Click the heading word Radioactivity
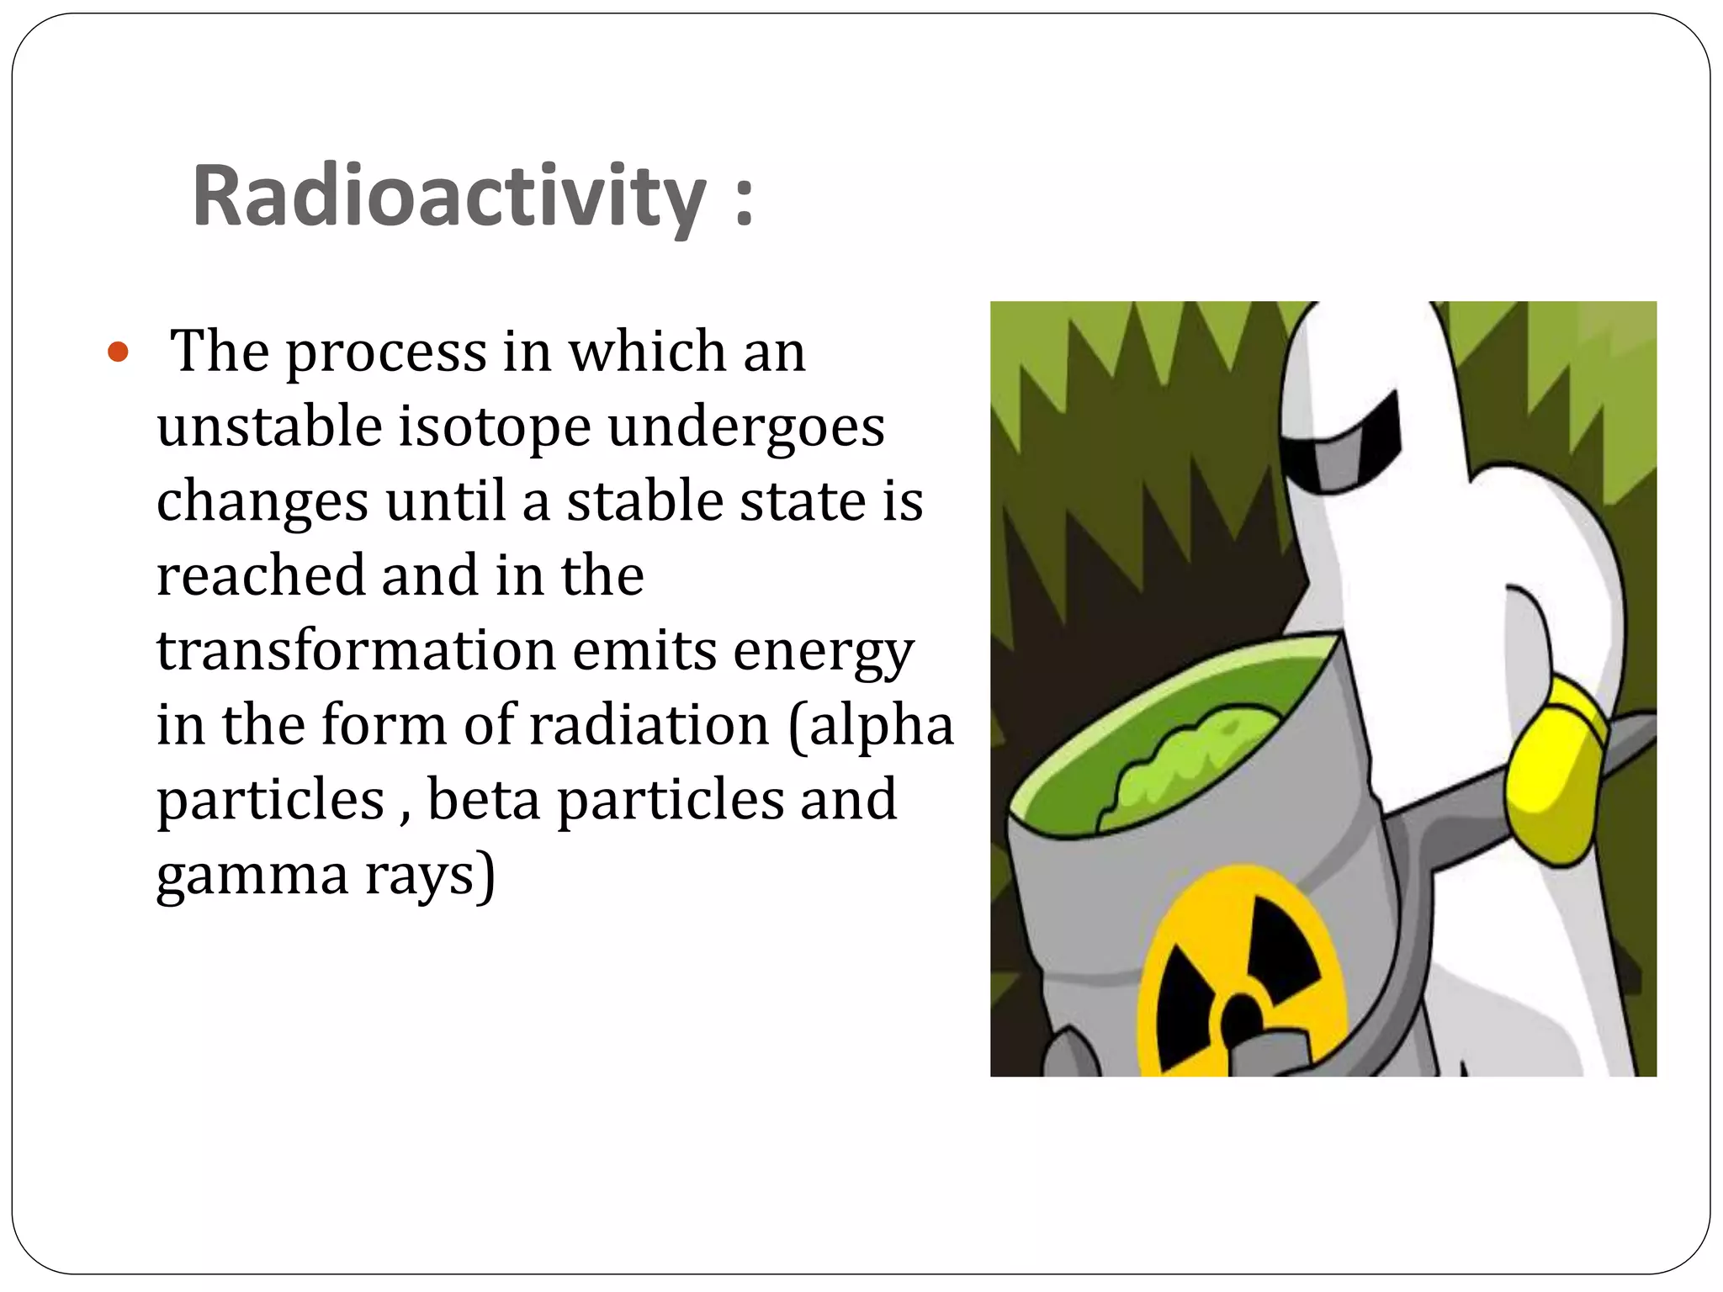click(448, 197)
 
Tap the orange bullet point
click(119, 352)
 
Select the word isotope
click(494, 427)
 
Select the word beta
click(484, 799)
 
